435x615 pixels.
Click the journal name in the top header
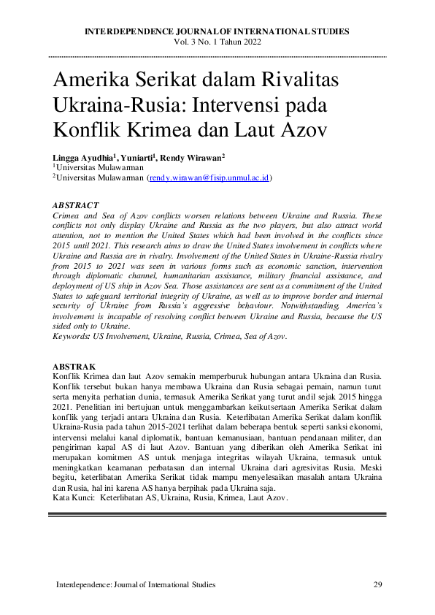point(217,31)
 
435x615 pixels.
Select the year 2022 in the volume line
point(249,42)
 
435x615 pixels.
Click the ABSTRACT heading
point(76,206)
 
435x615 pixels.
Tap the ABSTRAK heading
point(74,365)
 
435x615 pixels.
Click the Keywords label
point(71,336)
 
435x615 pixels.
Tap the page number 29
point(378,584)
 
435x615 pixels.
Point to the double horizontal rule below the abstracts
point(217,515)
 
